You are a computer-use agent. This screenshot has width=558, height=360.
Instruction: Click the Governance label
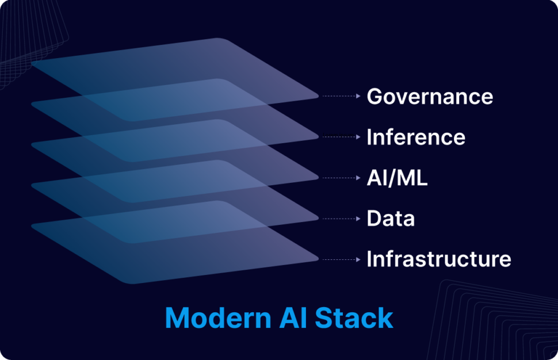coord(430,96)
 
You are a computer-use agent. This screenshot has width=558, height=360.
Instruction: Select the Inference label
coord(416,137)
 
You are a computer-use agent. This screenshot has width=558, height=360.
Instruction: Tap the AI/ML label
coord(397,178)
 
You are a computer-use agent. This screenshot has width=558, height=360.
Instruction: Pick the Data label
coord(391,219)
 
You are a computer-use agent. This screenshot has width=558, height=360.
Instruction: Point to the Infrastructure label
coord(438,259)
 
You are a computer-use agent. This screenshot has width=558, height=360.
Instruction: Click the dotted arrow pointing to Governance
coord(341,96)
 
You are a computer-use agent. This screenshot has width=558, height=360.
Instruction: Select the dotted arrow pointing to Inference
coord(341,137)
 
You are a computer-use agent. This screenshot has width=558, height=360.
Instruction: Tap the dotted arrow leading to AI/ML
coord(341,178)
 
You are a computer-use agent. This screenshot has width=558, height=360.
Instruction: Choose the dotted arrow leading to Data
coord(341,219)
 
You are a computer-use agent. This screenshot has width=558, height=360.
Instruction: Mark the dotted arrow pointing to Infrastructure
coord(341,259)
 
